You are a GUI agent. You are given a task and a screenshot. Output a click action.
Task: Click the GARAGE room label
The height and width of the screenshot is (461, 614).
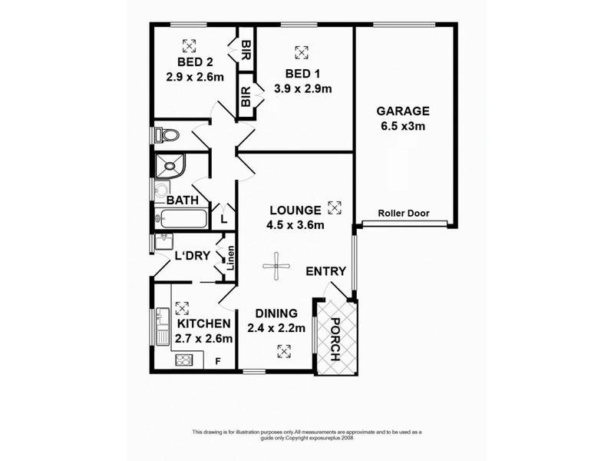point(403,111)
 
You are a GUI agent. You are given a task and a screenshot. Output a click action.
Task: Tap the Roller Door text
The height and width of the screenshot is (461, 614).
point(403,214)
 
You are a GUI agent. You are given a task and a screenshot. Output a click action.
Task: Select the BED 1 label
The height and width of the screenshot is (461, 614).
point(302,74)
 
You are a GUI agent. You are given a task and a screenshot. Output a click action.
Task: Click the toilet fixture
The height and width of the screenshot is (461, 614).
point(167,136)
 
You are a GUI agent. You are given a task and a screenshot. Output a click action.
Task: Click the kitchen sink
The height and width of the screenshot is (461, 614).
point(162,327)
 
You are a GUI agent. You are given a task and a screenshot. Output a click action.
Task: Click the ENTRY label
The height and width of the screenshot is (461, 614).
point(325,271)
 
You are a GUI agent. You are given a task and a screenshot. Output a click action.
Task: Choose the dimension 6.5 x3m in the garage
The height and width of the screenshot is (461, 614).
point(403,125)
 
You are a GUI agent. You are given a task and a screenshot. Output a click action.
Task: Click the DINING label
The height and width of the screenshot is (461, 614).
point(277,313)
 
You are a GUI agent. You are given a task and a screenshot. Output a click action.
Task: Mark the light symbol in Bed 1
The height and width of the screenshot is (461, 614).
point(302,52)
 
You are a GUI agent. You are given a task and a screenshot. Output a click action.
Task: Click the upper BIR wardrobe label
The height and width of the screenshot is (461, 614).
point(246,51)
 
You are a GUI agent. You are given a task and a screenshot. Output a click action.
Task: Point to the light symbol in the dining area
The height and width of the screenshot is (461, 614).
point(284,350)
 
